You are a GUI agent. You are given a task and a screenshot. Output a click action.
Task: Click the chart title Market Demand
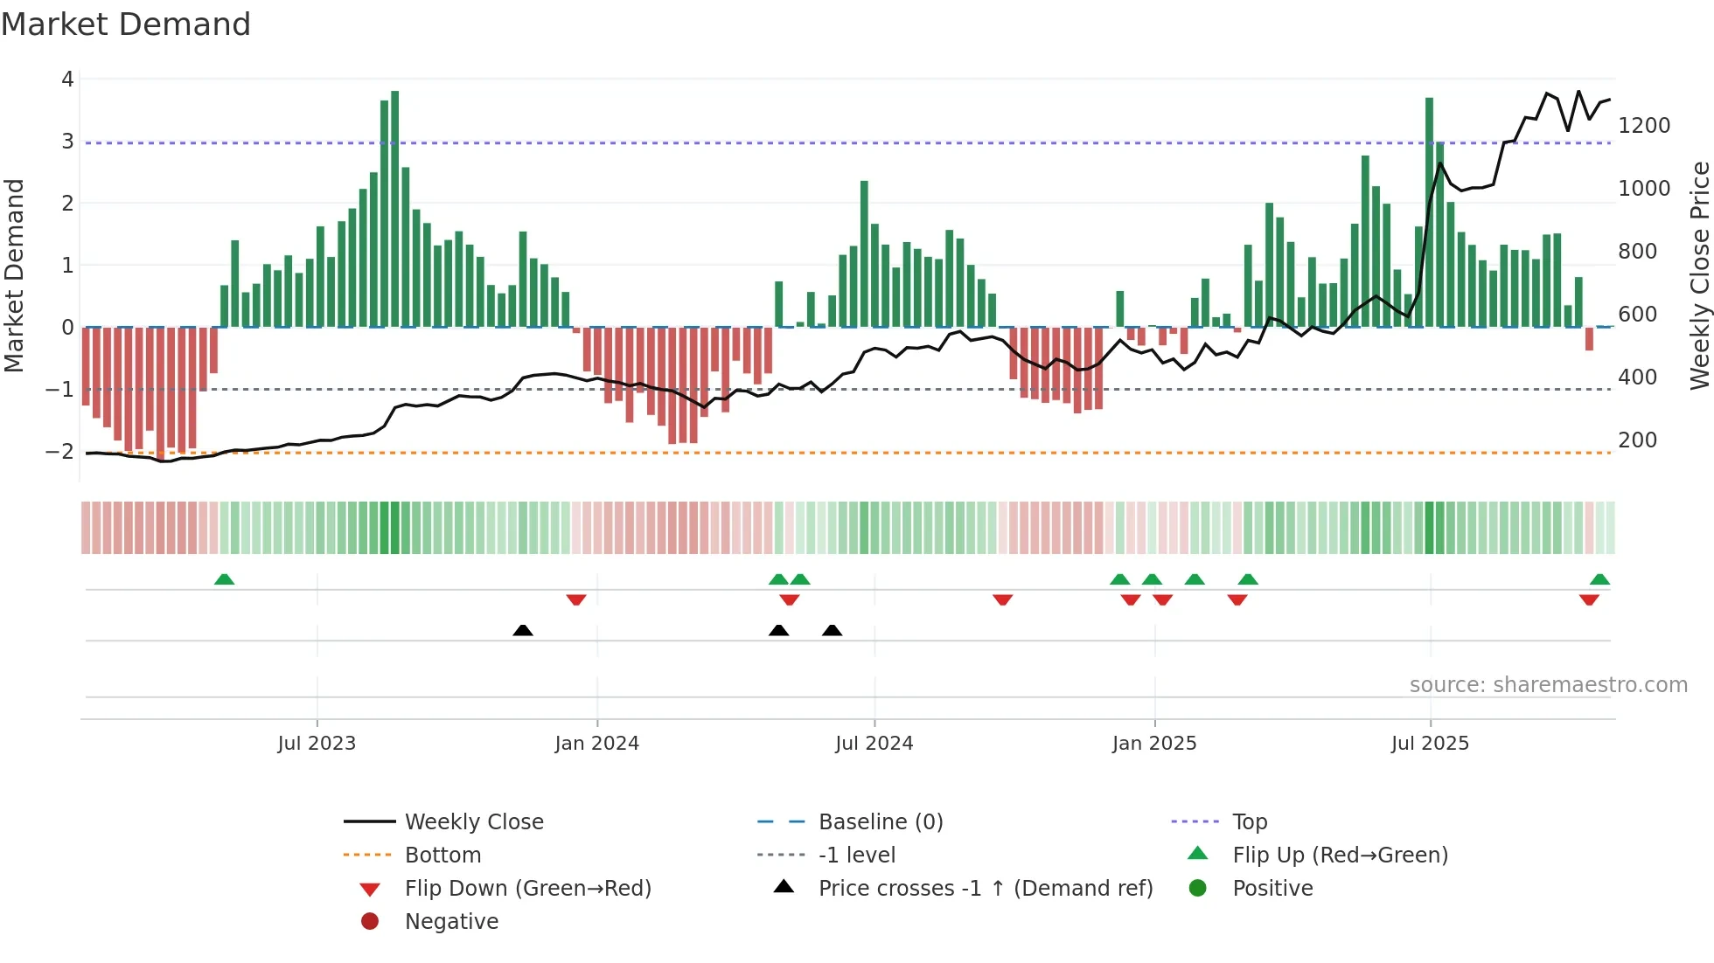(x=126, y=24)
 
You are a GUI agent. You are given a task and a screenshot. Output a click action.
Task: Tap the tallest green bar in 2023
(x=395, y=210)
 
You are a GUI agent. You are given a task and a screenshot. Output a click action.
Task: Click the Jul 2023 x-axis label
(x=317, y=744)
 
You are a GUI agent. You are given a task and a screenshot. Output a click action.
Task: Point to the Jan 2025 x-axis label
(x=1154, y=744)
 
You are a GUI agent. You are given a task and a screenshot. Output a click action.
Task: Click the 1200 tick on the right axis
(x=1644, y=126)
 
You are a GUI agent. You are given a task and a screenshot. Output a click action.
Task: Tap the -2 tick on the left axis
(x=59, y=452)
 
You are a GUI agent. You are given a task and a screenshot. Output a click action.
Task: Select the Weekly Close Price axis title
(x=1699, y=275)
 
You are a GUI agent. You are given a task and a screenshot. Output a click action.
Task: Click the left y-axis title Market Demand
(x=15, y=275)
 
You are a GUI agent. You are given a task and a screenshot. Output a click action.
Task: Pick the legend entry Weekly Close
(x=473, y=822)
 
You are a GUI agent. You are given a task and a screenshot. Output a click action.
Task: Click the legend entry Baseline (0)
(x=880, y=822)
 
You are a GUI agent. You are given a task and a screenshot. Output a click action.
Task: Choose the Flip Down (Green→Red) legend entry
(x=527, y=889)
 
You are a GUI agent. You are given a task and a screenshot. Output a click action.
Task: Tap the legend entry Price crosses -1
(x=985, y=889)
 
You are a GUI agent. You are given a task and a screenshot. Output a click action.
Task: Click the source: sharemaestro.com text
(x=1548, y=685)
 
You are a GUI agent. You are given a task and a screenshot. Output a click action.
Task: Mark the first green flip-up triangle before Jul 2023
(x=225, y=579)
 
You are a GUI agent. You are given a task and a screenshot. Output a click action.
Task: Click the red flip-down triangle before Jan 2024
(x=576, y=599)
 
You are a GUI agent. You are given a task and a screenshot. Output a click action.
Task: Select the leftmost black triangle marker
(x=523, y=630)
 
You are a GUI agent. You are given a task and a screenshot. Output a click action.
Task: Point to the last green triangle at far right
(x=1599, y=579)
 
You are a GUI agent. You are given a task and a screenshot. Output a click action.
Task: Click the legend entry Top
(x=1249, y=822)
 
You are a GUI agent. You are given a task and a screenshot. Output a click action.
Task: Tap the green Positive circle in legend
(x=1198, y=889)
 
